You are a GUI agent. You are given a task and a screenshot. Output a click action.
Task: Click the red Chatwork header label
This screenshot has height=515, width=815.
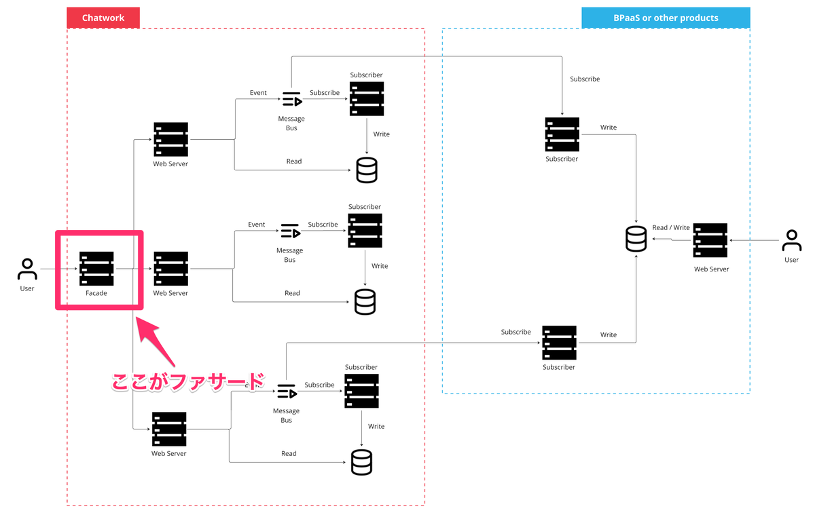pos(103,18)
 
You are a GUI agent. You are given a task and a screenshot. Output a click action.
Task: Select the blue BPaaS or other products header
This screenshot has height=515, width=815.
pos(666,18)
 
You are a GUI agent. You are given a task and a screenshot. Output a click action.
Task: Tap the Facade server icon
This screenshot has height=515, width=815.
pos(96,269)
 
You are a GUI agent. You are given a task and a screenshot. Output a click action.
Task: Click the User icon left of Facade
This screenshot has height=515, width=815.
pos(27,269)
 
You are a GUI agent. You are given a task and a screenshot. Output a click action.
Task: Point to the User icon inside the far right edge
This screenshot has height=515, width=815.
pos(791,240)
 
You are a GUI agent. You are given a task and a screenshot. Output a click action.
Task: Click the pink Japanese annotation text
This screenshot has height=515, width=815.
pos(187,382)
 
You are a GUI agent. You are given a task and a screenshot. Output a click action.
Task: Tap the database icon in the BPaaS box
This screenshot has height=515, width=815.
pos(636,239)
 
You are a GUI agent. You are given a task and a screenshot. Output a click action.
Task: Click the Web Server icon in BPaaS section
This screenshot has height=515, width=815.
pos(710,240)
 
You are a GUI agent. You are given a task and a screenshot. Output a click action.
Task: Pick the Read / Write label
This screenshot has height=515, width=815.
pos(671,227)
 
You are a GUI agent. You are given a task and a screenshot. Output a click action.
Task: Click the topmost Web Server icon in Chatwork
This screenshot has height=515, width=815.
pos(170,139)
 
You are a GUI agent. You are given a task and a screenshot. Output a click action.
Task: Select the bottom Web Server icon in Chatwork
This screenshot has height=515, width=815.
pos(169,429)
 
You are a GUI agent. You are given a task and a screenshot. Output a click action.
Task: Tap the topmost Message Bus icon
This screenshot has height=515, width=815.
pos(292,99)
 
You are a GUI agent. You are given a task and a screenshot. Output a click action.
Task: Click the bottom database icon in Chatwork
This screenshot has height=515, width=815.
pos(361,462)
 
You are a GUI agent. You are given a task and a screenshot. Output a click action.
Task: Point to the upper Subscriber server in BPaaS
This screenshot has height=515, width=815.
pos(562,134)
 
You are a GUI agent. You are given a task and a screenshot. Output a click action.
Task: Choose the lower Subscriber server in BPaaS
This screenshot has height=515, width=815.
pos(559,343)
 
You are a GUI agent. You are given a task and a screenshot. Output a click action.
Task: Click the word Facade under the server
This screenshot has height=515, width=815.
pos(96,293)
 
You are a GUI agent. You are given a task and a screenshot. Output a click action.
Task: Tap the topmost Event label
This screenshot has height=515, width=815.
pos(258,93)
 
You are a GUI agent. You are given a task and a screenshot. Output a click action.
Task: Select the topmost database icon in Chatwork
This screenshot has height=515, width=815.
pos(367,170)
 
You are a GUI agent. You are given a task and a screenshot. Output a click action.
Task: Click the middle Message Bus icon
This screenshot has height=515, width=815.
pos(291,231)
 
